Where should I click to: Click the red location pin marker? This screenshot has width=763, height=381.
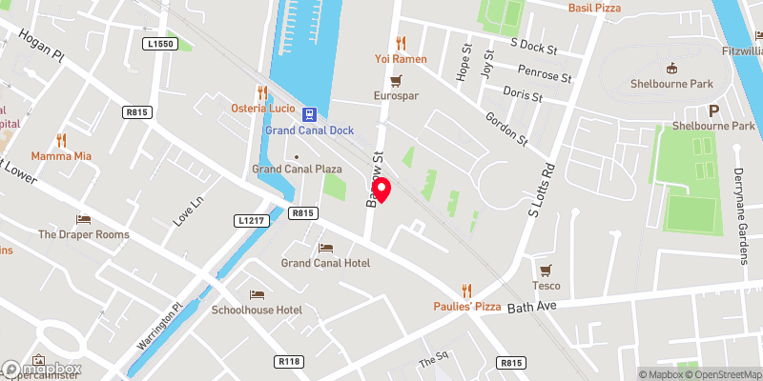(x=381, y=190)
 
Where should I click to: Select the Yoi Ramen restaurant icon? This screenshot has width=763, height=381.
(x=401, y=43)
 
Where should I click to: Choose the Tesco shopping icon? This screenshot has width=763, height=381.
(x=546, y=271)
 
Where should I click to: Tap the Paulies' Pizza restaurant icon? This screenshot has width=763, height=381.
(x=467, y=291)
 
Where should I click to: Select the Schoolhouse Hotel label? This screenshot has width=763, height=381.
(x=257, y=311)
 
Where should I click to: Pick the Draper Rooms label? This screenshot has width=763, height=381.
(x=83, y=234)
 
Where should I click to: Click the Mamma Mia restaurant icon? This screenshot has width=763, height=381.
(x=61, y=139)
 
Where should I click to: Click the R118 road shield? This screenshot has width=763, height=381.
(x=289, y=362)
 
